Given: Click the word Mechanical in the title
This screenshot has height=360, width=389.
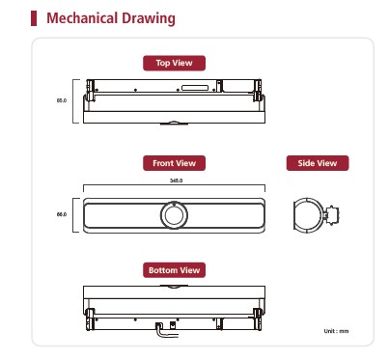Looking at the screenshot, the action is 82,18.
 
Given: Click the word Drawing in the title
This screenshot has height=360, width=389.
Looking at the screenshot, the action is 149,18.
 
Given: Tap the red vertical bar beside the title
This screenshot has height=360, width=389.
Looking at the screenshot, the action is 34,18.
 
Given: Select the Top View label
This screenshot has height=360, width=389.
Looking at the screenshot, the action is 174,63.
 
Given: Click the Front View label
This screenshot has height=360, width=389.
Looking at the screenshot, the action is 174,163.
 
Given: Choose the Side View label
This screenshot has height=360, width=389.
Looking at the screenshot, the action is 318,163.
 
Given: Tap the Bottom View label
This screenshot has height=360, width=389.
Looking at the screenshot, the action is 174,270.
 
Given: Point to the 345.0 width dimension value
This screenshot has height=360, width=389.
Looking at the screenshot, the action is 177,180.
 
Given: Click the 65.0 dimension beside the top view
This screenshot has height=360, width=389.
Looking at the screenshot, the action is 62,100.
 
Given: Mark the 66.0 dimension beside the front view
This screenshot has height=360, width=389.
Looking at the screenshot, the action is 62,214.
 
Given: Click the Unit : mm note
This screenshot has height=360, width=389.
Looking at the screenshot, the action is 336,331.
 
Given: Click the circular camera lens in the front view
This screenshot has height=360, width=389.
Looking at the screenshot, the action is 174,215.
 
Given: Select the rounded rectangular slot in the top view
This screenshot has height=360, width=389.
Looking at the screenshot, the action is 195,88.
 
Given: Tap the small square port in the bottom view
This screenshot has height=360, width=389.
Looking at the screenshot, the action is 173,325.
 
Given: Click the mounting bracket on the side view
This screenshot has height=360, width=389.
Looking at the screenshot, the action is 331,215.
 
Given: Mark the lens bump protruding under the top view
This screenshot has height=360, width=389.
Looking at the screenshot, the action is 174,123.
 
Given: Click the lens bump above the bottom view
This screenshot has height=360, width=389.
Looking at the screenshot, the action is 174,287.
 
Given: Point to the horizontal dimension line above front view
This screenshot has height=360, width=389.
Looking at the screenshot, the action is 174,185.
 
